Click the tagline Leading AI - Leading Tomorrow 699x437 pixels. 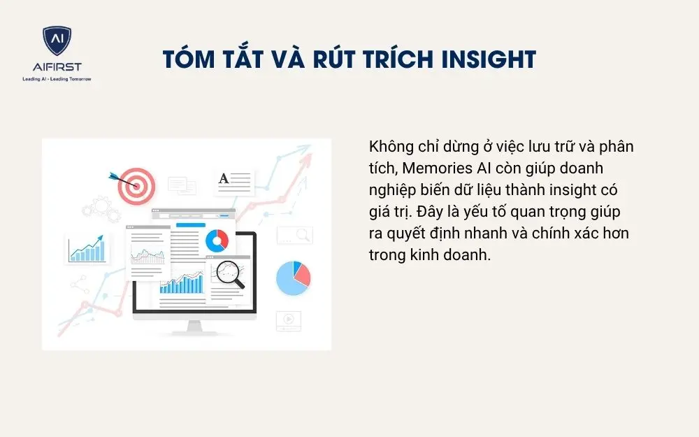(57, 79)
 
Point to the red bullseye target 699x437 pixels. (136, 185)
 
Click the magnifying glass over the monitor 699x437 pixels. (229, 273)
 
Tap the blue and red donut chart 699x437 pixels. (217, 241)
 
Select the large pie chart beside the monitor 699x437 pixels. (293, 278)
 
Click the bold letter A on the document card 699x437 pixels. (224, 179)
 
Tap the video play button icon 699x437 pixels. (287, 320)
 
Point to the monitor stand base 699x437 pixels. (194, 329)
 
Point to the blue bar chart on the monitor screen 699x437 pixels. (182, 283)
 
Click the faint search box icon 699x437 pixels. (294, 235)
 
